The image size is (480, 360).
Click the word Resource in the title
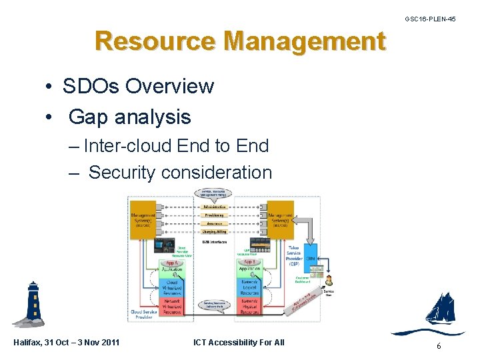(155, 41)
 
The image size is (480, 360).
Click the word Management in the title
(305, 41)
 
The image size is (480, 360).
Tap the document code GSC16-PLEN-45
(430, 19)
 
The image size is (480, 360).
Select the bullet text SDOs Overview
(138, 86)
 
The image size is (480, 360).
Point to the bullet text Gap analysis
(129, 117)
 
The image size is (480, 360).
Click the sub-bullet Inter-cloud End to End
(176, 146)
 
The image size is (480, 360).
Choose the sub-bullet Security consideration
(180, 172)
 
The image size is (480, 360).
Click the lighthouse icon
(32, 304)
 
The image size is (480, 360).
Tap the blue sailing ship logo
(440, 310)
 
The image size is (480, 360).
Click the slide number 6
(438, 346)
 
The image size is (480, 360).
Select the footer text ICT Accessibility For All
(239, 343)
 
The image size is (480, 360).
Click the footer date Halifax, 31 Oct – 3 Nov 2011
(67, 343)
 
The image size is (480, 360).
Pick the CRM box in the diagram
(311, 257)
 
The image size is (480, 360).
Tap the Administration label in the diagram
(214, 207)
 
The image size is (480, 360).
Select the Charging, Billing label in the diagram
(214, 232)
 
